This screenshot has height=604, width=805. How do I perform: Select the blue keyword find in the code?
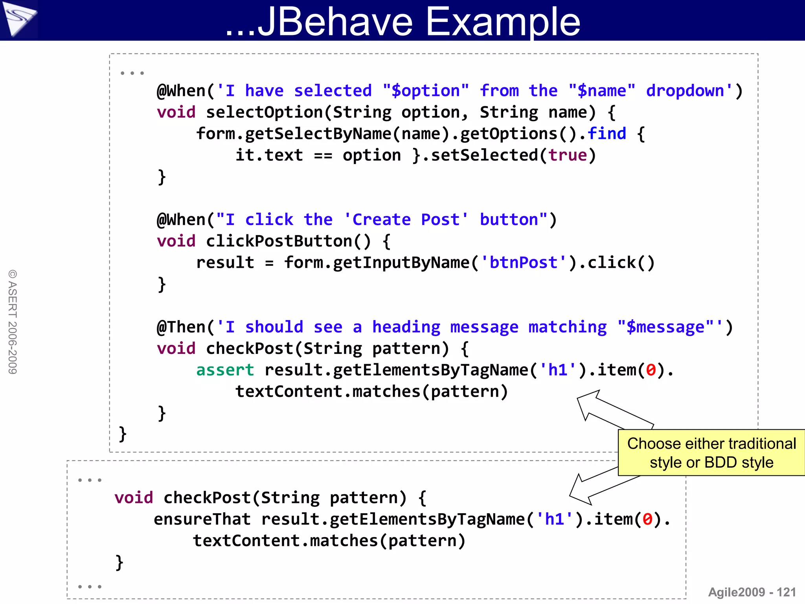(607, 134)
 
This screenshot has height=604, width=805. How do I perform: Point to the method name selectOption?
(264, 112)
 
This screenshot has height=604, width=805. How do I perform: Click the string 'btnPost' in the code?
(523, 263)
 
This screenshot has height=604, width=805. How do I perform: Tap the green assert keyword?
(225, 370)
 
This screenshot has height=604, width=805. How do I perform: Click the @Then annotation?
(181, 327)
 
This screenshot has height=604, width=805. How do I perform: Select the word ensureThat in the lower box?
(202, 519)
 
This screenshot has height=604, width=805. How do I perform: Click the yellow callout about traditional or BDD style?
(711, 453)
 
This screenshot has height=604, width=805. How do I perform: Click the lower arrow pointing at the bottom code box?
(597, 485)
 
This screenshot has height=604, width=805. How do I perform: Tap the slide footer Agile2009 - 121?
(752, 592)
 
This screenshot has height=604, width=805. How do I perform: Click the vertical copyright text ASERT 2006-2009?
(13, 322)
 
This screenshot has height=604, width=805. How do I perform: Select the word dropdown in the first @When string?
(685, 91)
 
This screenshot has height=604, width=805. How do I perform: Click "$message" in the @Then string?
(665, 327)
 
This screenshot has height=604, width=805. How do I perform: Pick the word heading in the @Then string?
(406, 327)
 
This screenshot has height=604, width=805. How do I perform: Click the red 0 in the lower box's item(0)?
(647, 519)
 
